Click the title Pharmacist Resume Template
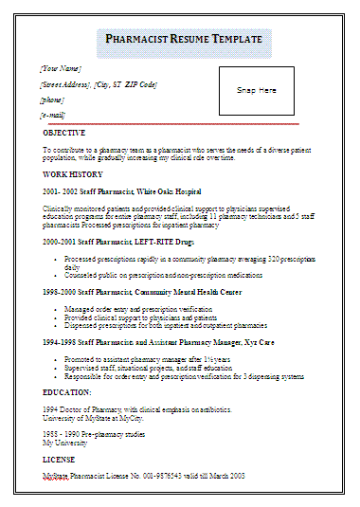[x=184, y=41]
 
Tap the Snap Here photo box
[x=256, y=90]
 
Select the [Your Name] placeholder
[x=61, y=69]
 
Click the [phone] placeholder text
[x=52, y=100]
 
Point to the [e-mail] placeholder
[x=53, y=115]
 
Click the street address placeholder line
[x=99, y=84]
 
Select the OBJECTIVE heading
[x=64, y=133]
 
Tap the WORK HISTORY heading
[x=72, y=174]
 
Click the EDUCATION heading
[x=67, y=391]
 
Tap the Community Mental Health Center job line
[x=142, y=292]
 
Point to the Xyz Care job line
[x=158, y=342]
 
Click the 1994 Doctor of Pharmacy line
[x=138, y=408]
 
